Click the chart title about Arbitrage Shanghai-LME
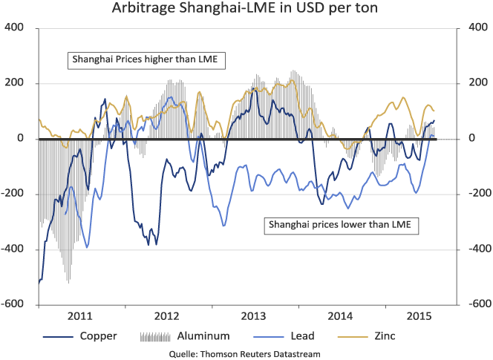click(246, 10)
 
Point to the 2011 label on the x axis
click(80, 315)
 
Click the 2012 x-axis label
click(167, 315)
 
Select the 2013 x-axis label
click(254, 315)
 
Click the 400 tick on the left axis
click(14, 28)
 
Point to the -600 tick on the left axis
click(13, 305)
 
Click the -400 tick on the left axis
click(13, 249)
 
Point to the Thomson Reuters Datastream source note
click(246, 354)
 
